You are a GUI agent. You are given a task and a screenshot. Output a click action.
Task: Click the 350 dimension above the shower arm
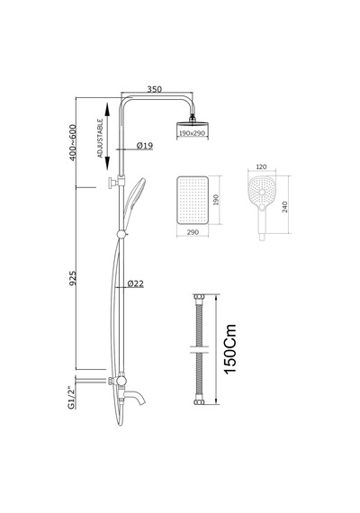point(154,89)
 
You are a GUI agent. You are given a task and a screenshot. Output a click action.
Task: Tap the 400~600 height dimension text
point(73,142)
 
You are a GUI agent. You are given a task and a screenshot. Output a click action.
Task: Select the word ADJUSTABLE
point(100,138)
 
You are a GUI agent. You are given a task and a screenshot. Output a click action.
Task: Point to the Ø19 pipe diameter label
point(145,145)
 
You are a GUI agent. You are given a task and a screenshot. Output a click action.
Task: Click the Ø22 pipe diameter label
point(136,283)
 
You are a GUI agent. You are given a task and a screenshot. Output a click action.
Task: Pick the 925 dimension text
point(73,278)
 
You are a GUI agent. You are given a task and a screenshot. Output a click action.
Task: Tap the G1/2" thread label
point(71,398)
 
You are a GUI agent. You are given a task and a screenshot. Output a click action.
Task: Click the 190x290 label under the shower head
point(192,133)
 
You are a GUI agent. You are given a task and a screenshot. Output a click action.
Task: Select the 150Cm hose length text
point(230,349)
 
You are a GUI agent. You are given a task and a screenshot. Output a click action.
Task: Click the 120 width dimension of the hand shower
point(261,166)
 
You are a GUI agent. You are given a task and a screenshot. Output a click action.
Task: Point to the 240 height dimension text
point(284,207)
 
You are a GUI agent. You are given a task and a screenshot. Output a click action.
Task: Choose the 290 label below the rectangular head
point(193,232)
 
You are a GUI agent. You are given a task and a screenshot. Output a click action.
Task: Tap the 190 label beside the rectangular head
point(216,200)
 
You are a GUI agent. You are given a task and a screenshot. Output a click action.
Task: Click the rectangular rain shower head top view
point(193,200)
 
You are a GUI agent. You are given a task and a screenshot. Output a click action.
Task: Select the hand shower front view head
point(262,191)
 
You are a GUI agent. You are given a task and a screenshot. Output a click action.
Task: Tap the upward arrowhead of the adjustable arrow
point(107,109)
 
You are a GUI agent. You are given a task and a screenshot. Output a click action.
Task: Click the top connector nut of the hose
point(199,297)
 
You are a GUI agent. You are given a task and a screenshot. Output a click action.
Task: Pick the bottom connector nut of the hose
point(199,402)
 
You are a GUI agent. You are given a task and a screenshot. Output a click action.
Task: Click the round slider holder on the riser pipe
point(121,234)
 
